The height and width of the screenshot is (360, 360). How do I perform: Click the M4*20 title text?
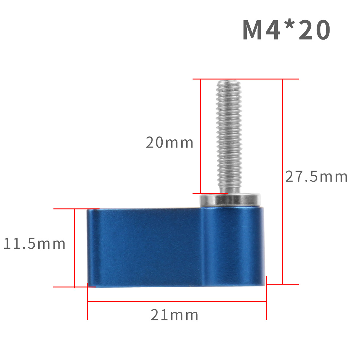(286, 29)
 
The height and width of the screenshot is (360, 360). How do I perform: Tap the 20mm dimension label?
(170, 142)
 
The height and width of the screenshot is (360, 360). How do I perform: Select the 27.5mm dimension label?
(316, 176)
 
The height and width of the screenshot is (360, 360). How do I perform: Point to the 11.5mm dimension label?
(34, 243)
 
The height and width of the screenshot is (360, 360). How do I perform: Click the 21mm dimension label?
(174, 315)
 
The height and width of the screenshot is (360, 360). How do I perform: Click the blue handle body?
(176, 247)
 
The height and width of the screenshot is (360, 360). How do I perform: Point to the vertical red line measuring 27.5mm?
(283, 182)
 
